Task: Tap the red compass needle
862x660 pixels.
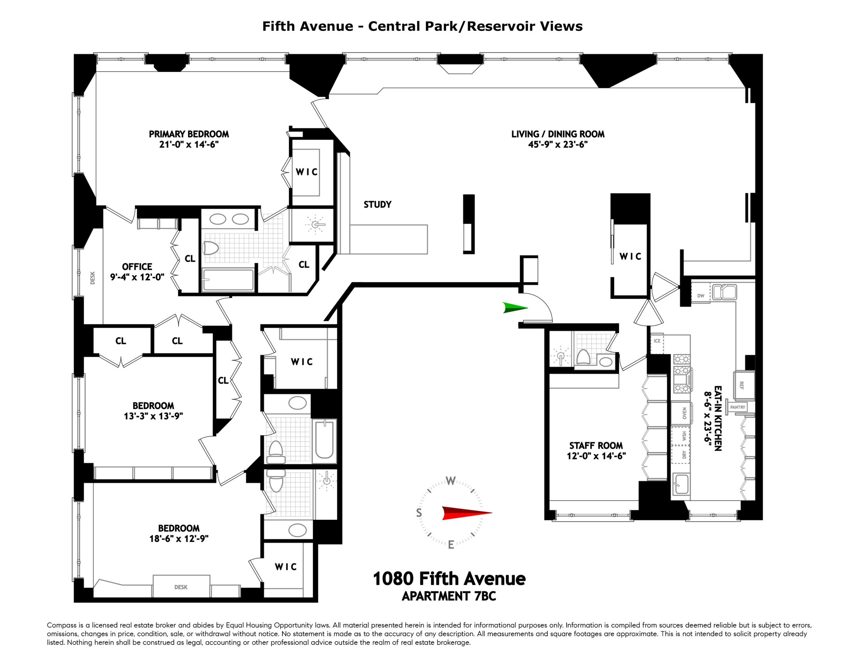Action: (x=467, y=513)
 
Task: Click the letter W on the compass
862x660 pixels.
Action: (x=451, y=481)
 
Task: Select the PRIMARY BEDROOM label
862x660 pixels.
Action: (x=189, y=134)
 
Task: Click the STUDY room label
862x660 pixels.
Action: (x=377, y=204)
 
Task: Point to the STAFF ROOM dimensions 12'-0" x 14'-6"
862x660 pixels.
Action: (x=596, y=456)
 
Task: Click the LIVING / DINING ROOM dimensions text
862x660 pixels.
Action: (x=557, y=144)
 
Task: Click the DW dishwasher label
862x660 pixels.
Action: (x=700, y=296)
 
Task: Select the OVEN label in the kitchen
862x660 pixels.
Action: (x=684, y=413)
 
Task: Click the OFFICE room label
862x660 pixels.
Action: (x=137, y=267)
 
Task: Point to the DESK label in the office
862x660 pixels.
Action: (x=93, y=278)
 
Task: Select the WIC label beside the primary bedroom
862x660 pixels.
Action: (x=306, y=172)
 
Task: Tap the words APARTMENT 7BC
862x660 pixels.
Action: (x=449, y=596)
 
